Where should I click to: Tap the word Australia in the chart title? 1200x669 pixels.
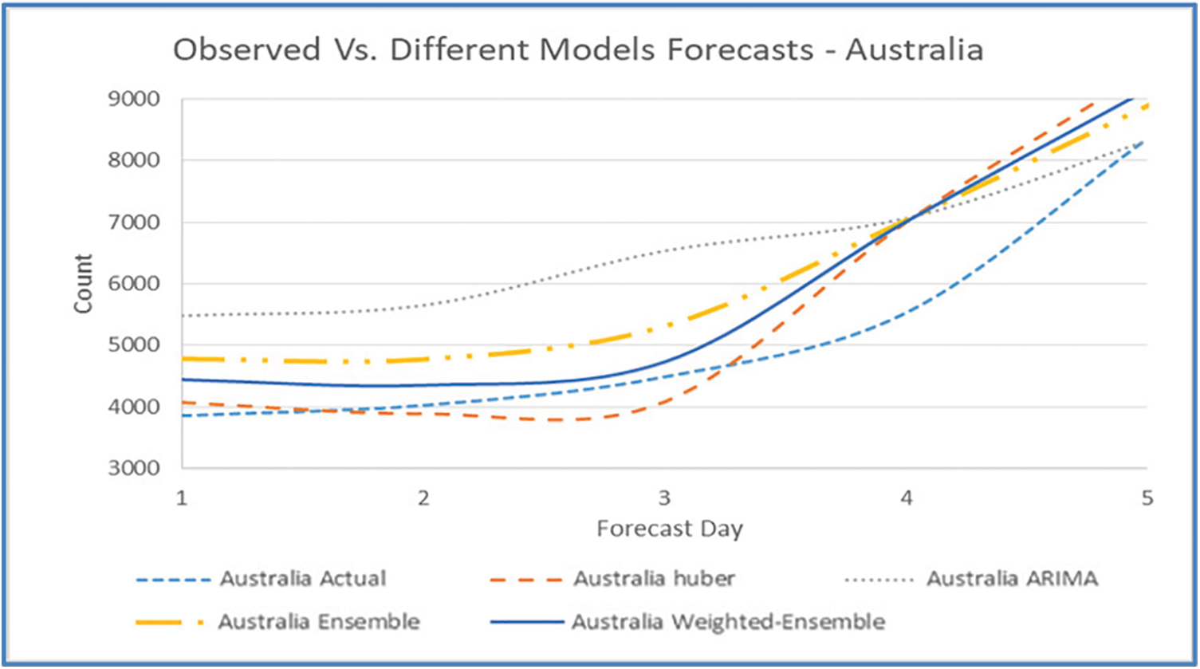click(914, 49)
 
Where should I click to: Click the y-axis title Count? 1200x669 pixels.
click(84, 284)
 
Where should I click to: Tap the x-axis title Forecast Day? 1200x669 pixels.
click(670, 529)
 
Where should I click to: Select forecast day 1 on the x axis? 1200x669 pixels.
click(181, 498)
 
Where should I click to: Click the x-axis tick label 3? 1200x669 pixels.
click(664, 498)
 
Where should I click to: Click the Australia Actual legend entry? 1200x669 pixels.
click(303, 578)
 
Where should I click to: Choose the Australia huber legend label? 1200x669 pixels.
click(654, 578)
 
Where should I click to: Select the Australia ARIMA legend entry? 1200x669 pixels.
click(1011, 578)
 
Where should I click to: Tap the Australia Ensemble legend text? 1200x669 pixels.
click(319, 621)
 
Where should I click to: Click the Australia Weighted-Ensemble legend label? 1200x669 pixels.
click(728, 621)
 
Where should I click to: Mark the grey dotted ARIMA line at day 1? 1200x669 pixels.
click(183, 316)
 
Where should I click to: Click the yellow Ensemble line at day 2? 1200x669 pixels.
click(423, 359)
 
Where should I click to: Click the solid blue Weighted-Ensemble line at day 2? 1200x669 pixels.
click(423, 385)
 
